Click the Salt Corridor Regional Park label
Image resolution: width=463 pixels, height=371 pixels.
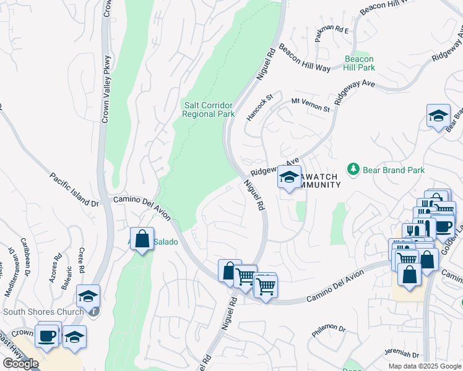point(209,109)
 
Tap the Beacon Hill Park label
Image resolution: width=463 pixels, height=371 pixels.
point(360,62)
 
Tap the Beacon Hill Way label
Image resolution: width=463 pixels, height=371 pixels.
point(304,59)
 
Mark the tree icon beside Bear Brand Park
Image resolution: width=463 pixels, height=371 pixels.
point(353,169)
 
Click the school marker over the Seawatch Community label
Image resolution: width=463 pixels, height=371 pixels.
point(288,178)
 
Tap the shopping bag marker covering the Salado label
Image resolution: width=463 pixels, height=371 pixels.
point(142,239)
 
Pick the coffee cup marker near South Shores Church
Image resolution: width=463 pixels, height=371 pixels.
point(48,336)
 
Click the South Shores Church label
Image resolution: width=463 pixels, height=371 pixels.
point(43,312)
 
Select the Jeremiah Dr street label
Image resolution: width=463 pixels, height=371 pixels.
point(402,355)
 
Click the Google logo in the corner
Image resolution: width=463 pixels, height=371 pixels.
point(20,364)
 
